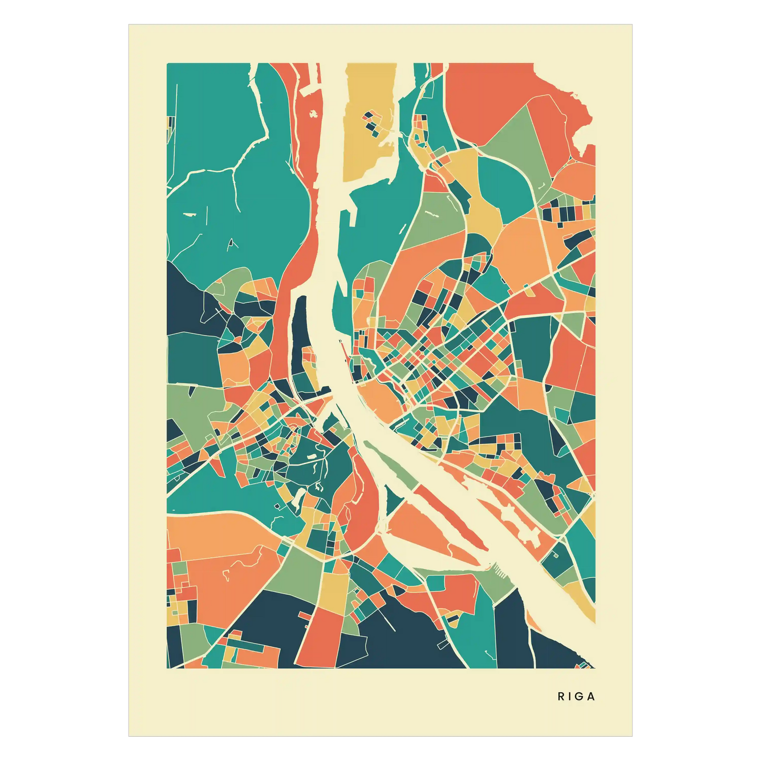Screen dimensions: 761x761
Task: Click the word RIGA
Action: (576, 696)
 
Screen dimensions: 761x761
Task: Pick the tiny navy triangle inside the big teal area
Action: (231, 243)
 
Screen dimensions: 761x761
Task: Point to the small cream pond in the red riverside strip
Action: (314, 113)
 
